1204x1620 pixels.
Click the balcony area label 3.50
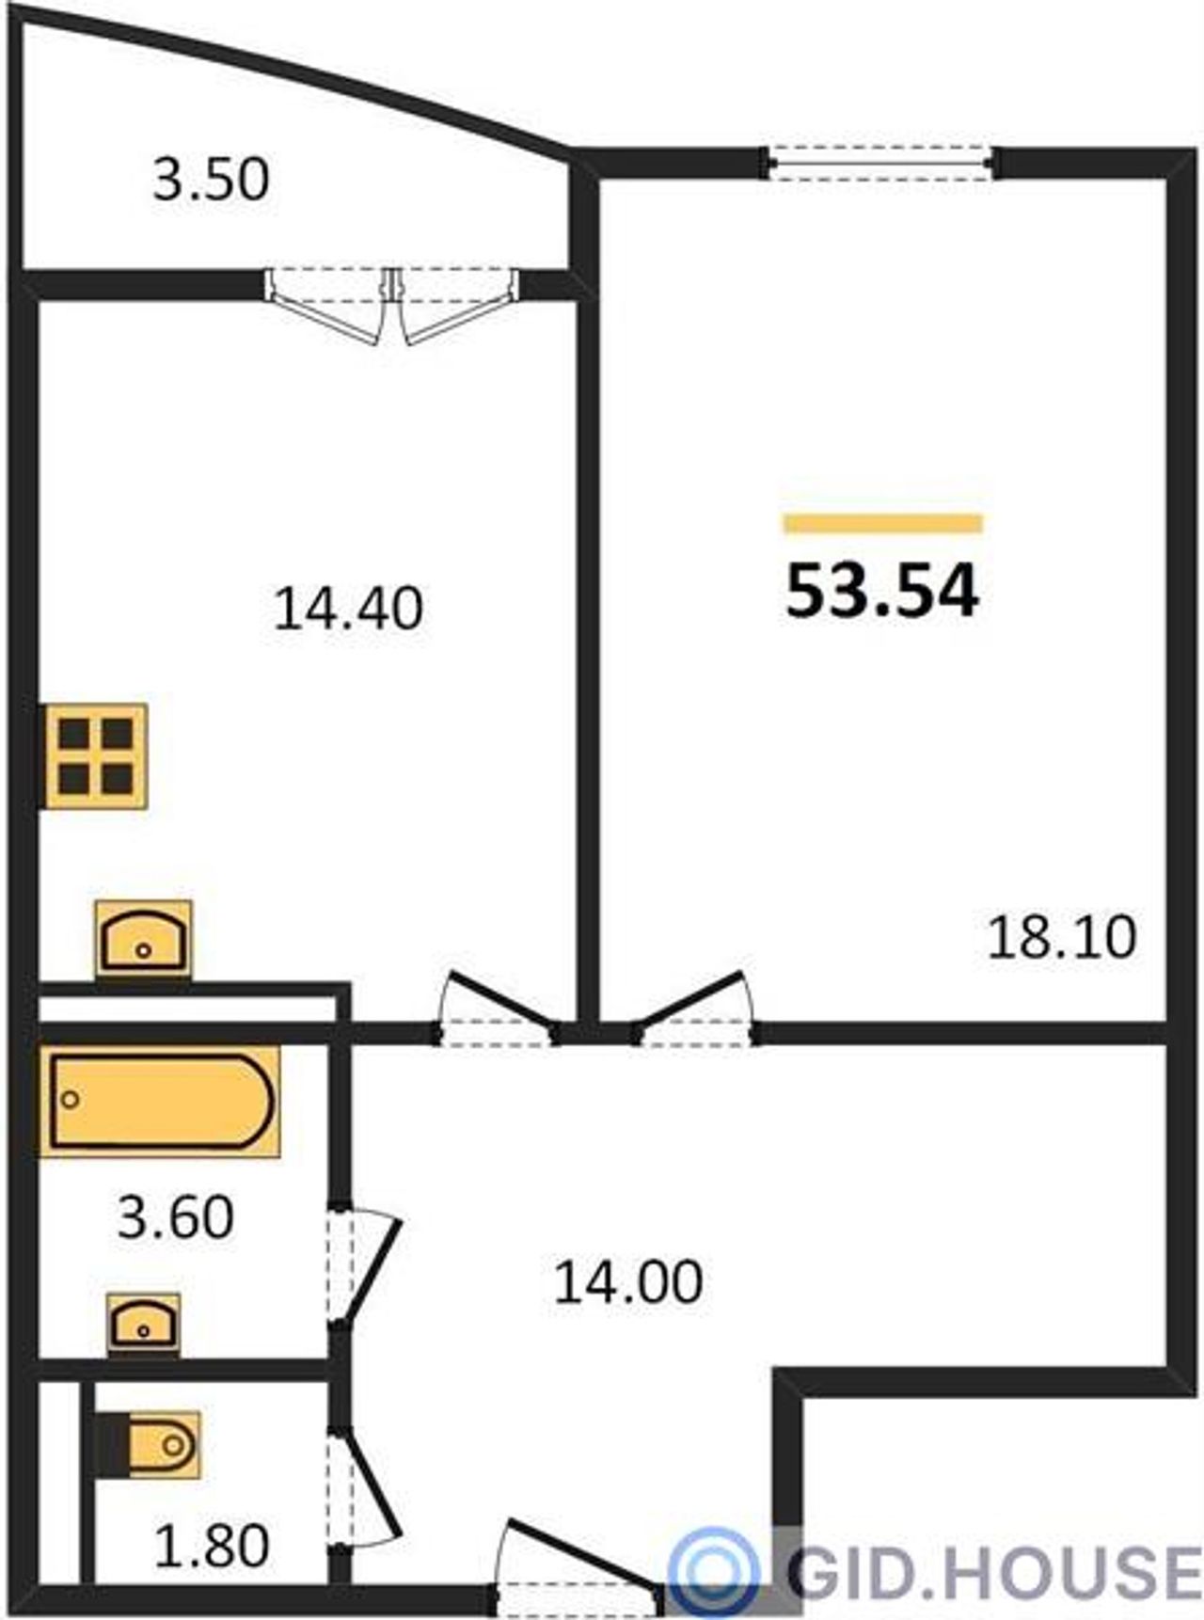click(x=212, y=180)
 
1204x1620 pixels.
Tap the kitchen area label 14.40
click(x=348, y=608)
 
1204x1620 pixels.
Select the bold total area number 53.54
click(x=882, y=592)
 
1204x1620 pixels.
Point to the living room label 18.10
click(x=1062, y=937)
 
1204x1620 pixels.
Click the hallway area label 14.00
click(x=628, y=1282)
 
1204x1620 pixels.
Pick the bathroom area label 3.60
click(x=175, y=1217)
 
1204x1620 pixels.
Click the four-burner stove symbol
click(x=93, y=755)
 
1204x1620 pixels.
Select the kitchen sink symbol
click(x=143, y=939)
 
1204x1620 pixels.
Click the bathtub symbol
click(x=160, y=1102)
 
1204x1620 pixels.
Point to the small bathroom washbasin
click(x=143, y=1324)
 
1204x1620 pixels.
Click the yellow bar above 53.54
click(x=882, y=523)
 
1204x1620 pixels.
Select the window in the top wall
click(x=879, y=163)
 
